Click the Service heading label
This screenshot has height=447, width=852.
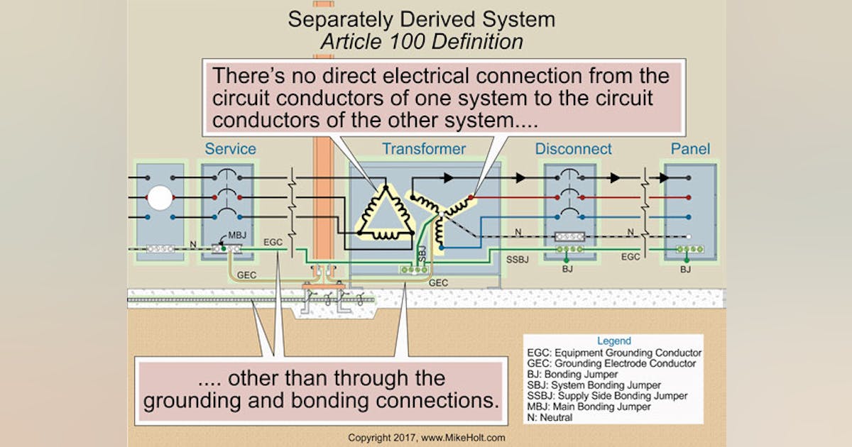pyautogui.click(x=230, y=149)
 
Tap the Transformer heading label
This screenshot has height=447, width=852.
pyautogui.click(x=424, y=149)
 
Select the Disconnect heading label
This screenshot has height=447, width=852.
pyautogui.click(x=573, y=149)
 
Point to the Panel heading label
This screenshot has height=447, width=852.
pyautogui.click(x=690, y=149)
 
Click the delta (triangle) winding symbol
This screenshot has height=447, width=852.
pyautogui.click(x=384, y=213)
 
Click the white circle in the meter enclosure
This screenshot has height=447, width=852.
pyautogui.click(x=160, y=197)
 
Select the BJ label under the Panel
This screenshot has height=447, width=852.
pyautogui.click(x=685, y=270)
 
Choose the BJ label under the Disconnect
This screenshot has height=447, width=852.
pyautogui.click(x=567, y=270)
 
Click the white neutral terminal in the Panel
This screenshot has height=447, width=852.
pyautogui.click(x=688, y=236)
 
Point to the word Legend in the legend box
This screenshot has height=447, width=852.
pyautogui.click(x=613, y=341)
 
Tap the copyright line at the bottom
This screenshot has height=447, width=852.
pyautogui.click(x=426, y=438)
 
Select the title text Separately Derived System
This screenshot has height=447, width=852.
pyautogui.click(x=421, y=19)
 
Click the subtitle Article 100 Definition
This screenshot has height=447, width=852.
pyautogui.click(x=421, y=41)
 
